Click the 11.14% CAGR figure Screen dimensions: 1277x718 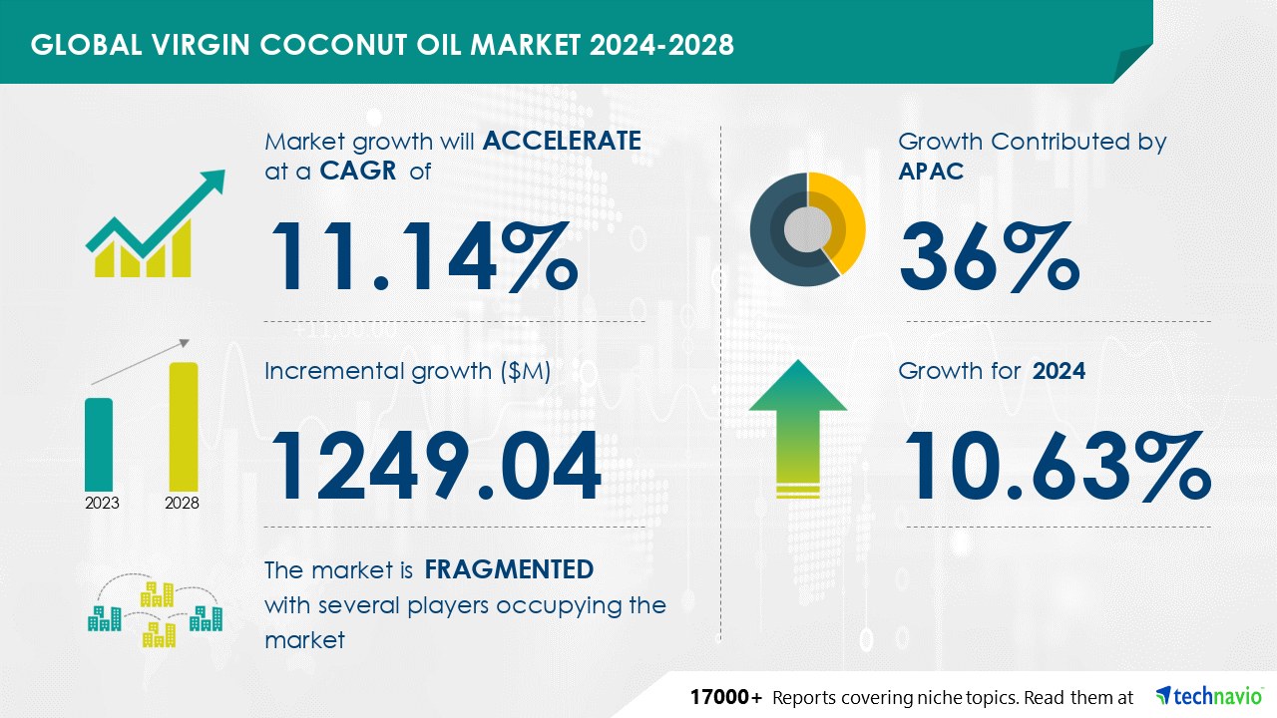425,256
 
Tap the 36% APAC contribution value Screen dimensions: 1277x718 990,256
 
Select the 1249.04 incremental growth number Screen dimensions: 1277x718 436,466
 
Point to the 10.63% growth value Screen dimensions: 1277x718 1059,466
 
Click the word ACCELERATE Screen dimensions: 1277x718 562,141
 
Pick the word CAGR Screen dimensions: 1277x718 358,171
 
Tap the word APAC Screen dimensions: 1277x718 931,171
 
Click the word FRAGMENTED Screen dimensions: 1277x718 509,569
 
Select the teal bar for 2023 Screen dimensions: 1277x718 99,445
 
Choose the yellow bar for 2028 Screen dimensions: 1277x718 184,427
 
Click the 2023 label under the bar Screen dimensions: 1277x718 102,503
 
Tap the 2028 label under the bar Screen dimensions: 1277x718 182,503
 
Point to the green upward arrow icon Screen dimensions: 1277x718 798,428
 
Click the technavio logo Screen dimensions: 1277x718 1209,696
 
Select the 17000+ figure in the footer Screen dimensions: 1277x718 725,697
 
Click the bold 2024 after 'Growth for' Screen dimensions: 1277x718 1059,371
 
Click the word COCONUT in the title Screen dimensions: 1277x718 333,45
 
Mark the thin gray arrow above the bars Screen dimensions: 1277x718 141,362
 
